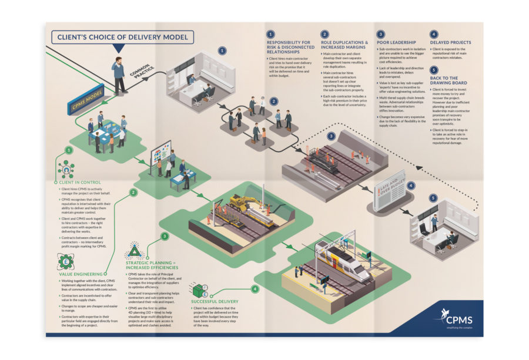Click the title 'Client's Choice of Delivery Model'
click(122, 38)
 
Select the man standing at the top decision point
click(119, 75)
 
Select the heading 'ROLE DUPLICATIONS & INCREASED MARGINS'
click(345, 45)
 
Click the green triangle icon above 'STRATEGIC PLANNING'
click(135, 253)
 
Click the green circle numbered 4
click(255, 289)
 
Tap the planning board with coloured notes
click(160, 153)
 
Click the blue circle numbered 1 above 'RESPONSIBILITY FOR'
click(270, 35)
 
